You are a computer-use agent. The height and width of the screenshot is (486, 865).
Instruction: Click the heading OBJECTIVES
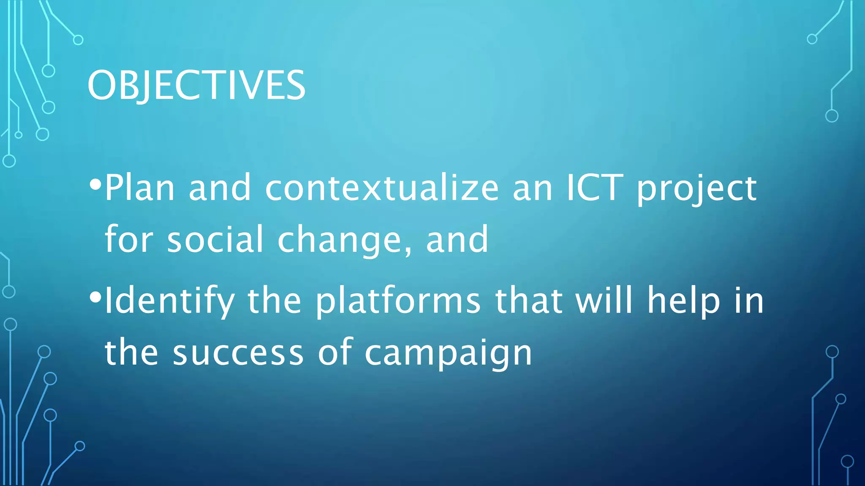[x=196, y=86]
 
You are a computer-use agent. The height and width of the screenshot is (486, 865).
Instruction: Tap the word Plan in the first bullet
[x=139, y=188]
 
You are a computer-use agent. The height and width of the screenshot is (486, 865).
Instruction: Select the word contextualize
[x=382, y=188]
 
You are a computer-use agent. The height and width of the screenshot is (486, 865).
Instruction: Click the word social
[x=215, y=239]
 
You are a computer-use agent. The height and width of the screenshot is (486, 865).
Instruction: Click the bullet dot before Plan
[x=95, y=184]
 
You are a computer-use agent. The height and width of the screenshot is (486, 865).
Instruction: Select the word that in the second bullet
[x=528, y=300]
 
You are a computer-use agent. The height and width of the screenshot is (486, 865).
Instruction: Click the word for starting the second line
[x=128, y=239]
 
